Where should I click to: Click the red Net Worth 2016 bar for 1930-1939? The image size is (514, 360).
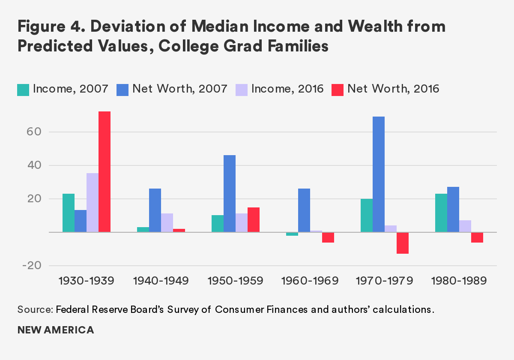[x=105, y=171]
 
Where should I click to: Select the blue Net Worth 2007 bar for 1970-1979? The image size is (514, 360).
[x=379, y=174]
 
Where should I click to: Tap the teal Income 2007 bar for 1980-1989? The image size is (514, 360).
[x=441, y=213]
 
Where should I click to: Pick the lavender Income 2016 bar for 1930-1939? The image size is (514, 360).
[x=93, y=202]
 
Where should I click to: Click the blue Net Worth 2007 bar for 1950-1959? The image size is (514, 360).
[x=230, y=193]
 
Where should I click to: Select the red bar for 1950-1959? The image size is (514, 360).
[x=254, y=219]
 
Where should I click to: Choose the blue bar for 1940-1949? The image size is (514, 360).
[x=155, y=210]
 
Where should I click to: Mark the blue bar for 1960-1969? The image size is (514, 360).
[x=304, y=210]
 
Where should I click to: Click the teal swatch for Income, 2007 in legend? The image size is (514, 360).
[x=23, y=89]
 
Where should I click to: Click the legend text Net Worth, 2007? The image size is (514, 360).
[x=179, y=89]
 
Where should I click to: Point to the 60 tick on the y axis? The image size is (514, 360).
[x=34, y=132]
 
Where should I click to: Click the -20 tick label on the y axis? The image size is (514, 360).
[x=32, y=266]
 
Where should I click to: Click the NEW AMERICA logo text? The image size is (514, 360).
[x=56, y=330]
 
